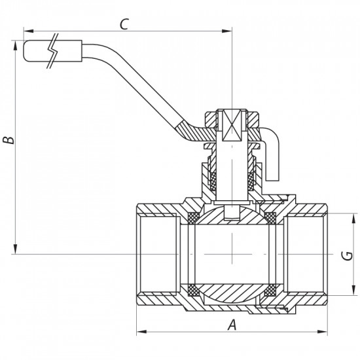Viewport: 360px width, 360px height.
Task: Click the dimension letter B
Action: [7, 140]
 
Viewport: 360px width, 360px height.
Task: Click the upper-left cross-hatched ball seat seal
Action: [193, 217]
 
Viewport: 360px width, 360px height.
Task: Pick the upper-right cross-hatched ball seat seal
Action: [270, 217]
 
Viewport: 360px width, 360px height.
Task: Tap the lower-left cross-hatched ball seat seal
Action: [193, 289]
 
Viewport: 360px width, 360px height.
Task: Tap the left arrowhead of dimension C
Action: [27, 30]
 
